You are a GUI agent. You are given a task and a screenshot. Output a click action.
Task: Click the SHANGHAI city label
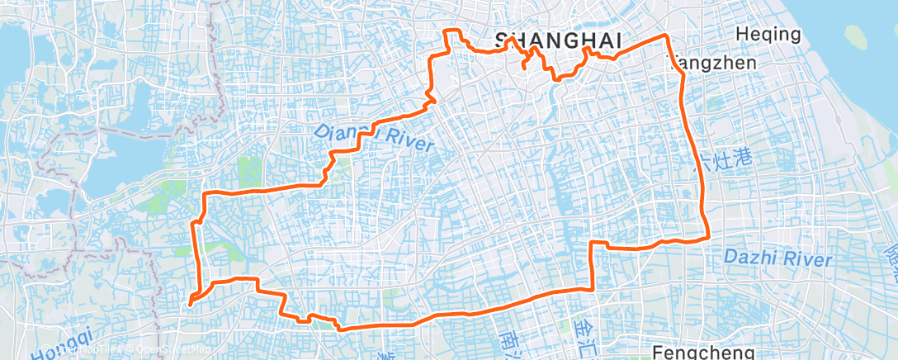[557, 39]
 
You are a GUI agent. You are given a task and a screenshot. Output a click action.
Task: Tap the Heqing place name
[768, 35]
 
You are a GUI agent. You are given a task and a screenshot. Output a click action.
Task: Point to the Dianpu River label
[374, 137]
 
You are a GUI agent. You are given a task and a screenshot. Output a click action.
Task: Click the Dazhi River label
[777, 258]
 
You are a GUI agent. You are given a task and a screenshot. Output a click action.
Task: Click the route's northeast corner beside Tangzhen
[667, 36]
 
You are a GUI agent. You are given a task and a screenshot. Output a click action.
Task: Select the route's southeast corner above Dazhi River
[709, 237]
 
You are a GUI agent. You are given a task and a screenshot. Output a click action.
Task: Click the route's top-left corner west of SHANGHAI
[447, 31]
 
